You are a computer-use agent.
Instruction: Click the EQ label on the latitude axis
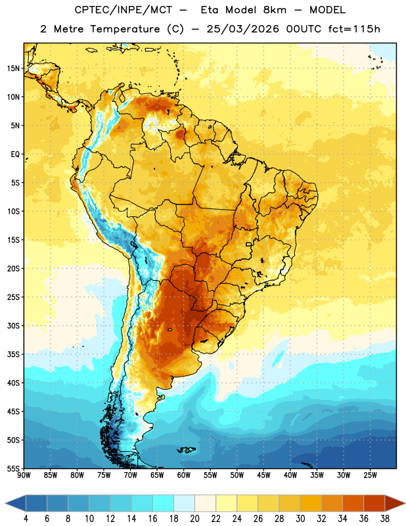(x=15, y=155)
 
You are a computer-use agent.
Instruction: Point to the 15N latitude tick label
(x=13, y=68)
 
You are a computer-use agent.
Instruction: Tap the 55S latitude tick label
(x=13, y=468)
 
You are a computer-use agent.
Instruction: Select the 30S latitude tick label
(x=13, y=325)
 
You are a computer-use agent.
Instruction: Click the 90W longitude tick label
(x=24, y=475)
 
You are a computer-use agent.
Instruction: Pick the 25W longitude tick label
(x=370, y=475)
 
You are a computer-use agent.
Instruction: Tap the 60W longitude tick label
(x=184, y=475)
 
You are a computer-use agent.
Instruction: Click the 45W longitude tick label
(x=264, y=475)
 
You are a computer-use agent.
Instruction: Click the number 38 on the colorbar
(x=385, y=519)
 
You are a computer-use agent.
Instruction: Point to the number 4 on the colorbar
(x=26, y=519)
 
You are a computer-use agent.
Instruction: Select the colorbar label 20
(x=194, y=519)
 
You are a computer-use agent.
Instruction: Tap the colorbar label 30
(x=300, y=519)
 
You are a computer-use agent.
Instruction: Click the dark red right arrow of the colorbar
(x=394, y=503)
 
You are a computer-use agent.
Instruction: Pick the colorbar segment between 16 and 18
(x=163, y=503)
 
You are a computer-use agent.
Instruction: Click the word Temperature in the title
(x=125, y=29)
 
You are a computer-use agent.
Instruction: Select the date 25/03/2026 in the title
(x=242, y=29)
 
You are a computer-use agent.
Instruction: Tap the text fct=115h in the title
(x=354, y=29)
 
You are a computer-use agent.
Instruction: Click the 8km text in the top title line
(x=275, y=10)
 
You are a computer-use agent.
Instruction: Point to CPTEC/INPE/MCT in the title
(x=124, y=10)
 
